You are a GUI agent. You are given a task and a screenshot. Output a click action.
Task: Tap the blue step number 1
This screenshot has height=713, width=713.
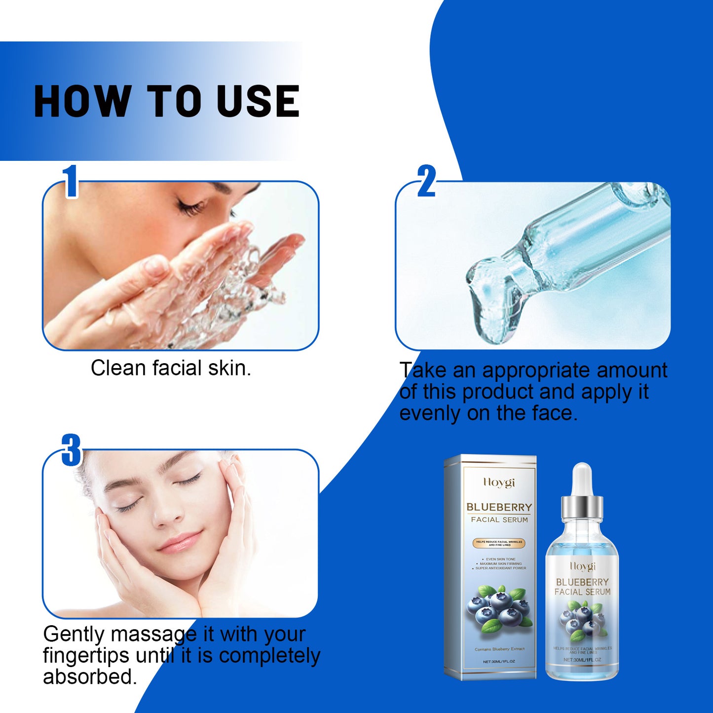coord(71,181)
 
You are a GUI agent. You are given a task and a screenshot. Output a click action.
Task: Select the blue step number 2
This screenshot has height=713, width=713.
coord(426,181)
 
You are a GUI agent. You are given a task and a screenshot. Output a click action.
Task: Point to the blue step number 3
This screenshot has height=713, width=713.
coord(72,450)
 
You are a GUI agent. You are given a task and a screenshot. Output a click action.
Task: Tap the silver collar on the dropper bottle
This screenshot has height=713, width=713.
coord(582,506)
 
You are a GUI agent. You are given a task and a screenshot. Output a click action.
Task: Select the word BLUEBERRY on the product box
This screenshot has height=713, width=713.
coord(499,507)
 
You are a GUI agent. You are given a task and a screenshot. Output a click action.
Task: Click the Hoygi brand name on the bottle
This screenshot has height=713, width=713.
coord(583,566)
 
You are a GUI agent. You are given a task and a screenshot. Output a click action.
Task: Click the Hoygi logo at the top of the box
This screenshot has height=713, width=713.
coord(499,482)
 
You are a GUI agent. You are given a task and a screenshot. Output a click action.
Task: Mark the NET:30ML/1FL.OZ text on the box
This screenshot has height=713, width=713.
coord(499,661)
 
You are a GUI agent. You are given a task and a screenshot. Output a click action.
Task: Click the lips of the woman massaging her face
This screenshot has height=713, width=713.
coord(181,541)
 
